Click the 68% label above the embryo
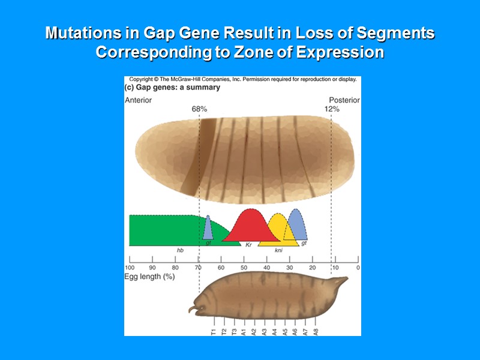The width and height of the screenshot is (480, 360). (199, 109)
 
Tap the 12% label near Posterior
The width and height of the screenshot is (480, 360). (332, 109)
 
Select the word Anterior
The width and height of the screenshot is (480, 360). (138, 100)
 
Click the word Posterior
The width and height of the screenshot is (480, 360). (344, 100)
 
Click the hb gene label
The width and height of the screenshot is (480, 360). (179, 250)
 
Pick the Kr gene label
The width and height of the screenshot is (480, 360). (248, 245)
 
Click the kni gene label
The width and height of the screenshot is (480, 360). (278, 250)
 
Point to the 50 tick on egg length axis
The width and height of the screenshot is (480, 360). (244, 268)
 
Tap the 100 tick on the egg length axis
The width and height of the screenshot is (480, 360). (129, 268)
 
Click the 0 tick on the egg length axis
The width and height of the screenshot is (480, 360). (358, 268)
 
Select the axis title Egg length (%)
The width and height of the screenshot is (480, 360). (149, 277)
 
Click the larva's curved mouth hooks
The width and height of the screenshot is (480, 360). (193, 310)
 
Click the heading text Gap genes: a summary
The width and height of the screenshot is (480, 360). (172, 88)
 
